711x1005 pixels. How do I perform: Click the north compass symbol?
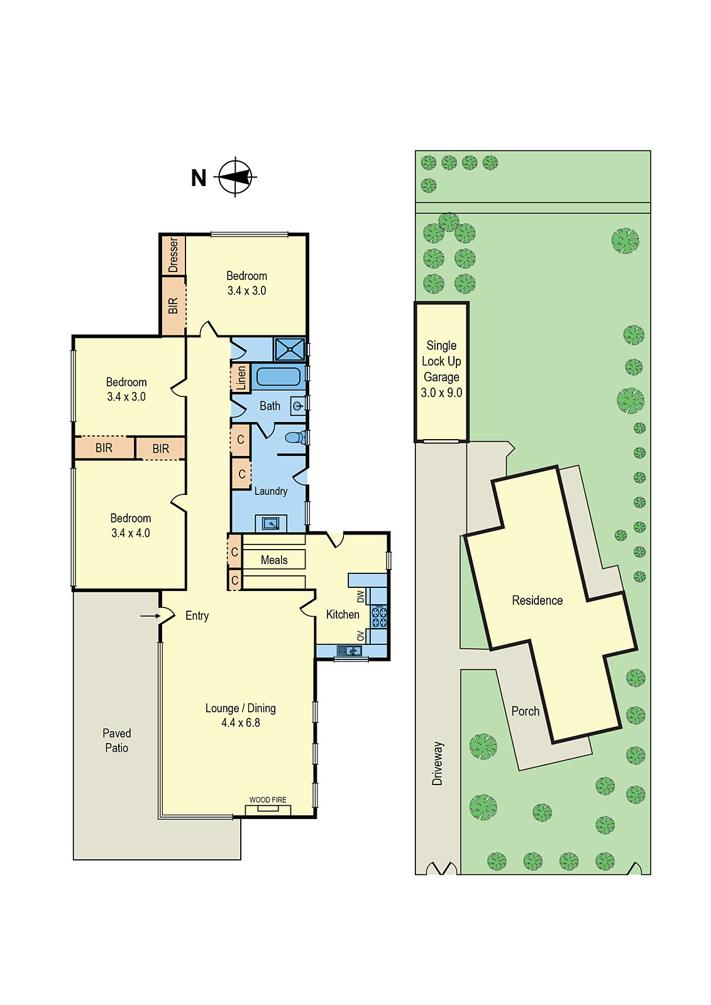pyautogui.click(x=236, y=177)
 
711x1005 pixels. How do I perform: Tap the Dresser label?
pyautogui.click(x=174, y=254)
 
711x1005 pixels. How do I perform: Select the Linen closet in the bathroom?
pyautogui.click(x=241, y=378)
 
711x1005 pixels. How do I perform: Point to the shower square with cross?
pyautogui.click(x=290, y=349)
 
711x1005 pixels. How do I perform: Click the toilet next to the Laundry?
pyautogui.click(x=294, y=437)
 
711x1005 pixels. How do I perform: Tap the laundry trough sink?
pyautogui.click(x=271, y=523)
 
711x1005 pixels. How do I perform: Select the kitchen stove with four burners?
pyautogui.click(x=379, y=616)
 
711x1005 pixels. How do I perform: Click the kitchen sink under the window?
pyautogui.click(x=349, y=651)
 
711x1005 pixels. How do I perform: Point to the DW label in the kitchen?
pyautogui.click(x=360, y=595)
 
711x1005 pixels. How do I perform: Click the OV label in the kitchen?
pyautogui.click(x=360, y=636)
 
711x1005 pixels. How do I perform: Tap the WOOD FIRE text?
pyautogui.click(x=268, y=800)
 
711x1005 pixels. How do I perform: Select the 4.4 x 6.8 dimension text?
pyautogui.click(x=240, y=723)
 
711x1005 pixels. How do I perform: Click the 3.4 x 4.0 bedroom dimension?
pyautogui.click(x=131, y=533)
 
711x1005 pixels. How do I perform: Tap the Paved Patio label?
pyautogui.click(x=116, y=741)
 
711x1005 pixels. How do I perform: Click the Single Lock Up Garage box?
pyautogui.click(x=441, y=371)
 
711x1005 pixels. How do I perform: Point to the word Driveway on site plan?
pyautogui.click(x=438, y=763)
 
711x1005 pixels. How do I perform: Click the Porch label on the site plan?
pyautogui.click(x=525, y=711)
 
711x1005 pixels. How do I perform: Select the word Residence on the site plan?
pyautogui.click(x=537, y=600)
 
